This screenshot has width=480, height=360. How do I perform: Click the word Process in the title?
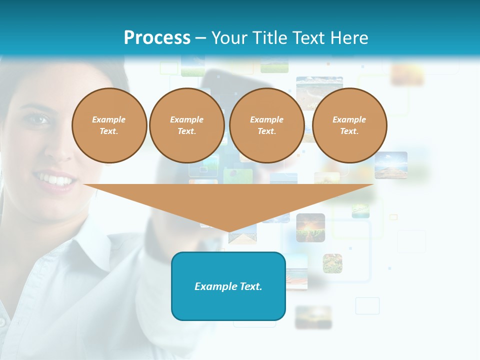[x=157, y=37]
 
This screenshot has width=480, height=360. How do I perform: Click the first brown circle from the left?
[x=109, y=125]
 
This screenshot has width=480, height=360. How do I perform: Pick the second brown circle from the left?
[x=187, y=125]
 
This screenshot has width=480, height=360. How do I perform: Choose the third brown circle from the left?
[x=267, y=125]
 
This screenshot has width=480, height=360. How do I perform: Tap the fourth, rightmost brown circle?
[x=349, y=125]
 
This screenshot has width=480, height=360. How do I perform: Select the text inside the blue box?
[x=228, y=286]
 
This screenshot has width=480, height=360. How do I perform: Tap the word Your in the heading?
[x=229, y=37]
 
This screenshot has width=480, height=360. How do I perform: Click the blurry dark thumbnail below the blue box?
[x=313, y=317]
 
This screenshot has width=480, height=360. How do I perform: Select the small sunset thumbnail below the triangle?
[x=310, y=227]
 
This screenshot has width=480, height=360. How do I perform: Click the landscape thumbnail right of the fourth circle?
[x=391, y=165]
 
